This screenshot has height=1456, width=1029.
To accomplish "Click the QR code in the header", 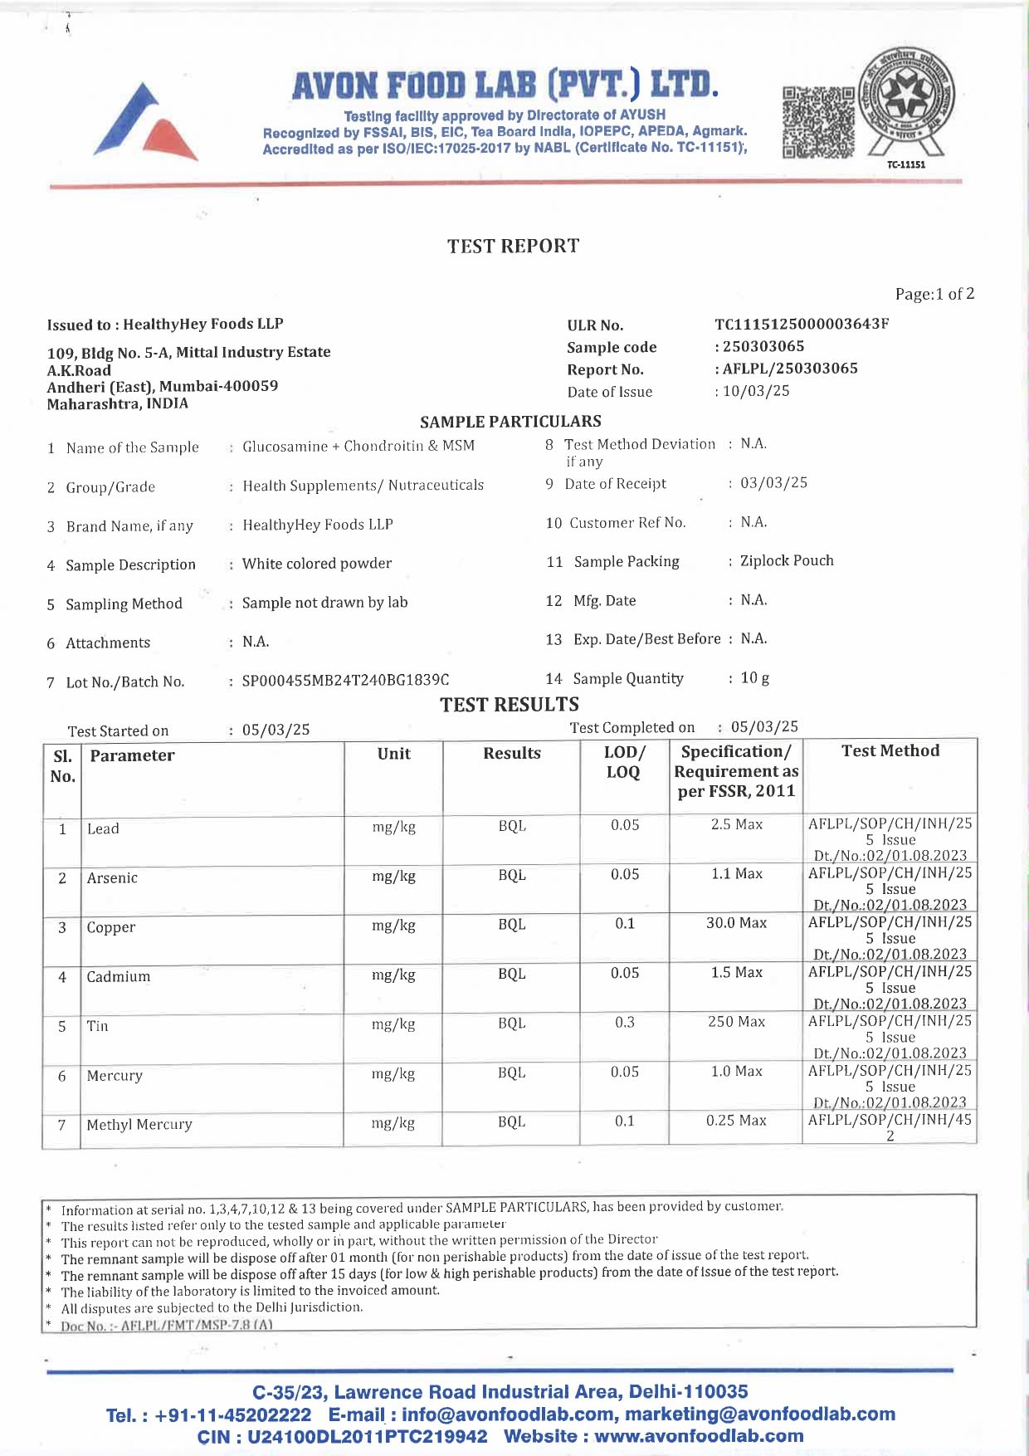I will point(818,122).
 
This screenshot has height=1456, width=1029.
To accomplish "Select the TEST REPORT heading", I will point(513,247).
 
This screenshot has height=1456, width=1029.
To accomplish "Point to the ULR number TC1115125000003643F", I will point(802,324).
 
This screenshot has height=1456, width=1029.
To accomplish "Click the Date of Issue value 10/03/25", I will point(756,391).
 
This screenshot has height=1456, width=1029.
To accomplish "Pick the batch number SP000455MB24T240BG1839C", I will point(345,681).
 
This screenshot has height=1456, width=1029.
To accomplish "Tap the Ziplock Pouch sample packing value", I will point(787,561).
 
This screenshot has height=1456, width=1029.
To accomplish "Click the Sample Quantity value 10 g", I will point(754,678).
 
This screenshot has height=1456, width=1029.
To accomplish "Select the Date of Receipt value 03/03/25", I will point(773,483).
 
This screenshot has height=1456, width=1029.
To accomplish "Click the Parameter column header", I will point(132,755).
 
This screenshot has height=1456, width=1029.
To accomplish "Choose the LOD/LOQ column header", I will point(624,762).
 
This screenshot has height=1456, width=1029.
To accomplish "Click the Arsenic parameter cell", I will point(112,878).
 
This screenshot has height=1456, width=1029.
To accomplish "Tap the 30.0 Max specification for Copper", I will point(736,923).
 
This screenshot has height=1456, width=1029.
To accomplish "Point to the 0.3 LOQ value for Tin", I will point(624,1022).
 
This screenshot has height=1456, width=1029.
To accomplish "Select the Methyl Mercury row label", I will point(139,1125).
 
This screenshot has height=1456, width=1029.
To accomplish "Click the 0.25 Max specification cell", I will point(736,1121).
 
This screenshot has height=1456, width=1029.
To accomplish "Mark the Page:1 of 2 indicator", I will point(934,294).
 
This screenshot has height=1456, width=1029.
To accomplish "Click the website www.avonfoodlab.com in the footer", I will point(699,1436).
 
